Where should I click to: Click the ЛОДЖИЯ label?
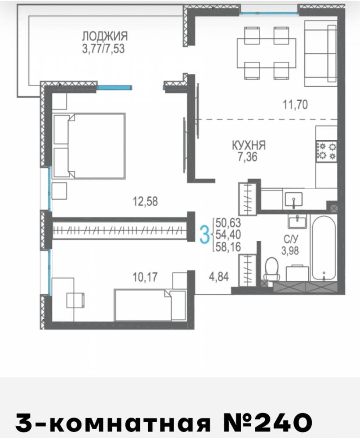[105, 36]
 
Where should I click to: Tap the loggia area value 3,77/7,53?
[103, 49]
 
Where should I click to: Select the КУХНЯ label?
[249, 145]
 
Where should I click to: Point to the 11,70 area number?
[296, 105]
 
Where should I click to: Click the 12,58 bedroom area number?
[145, 201]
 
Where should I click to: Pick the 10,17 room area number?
[145, 277]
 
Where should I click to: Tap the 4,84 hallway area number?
[219, 276]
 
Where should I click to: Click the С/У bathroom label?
[291, 239]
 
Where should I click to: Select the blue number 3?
[205, 235]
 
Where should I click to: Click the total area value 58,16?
[228, 247]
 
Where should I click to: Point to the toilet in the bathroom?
[271, 269]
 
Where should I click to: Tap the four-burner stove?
[326, 151]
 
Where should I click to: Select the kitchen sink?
[293, 199]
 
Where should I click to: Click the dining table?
[266, 53]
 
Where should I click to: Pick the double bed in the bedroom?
[89, 146]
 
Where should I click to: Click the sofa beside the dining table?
[321, 53]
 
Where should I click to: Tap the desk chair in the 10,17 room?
[75, 300]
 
